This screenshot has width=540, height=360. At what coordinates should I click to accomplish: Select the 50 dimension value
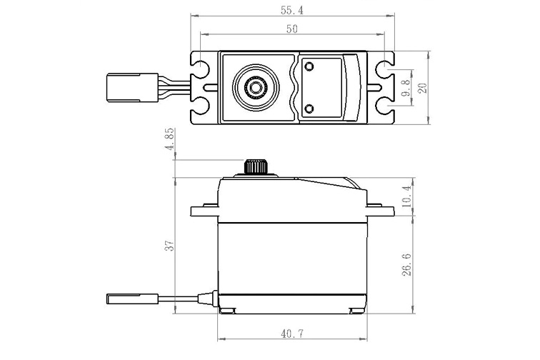click(x=292, y=29)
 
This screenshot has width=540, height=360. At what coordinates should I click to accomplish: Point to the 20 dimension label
click(x=421, y=87)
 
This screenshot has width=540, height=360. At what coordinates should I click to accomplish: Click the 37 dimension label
click(x=169, y=245)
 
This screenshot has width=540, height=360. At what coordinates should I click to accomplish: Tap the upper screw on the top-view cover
click(x=309, y=66)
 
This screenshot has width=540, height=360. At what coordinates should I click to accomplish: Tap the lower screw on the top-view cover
click(x=309, y=108)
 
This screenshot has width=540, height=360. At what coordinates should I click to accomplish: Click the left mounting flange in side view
click(x=204, y=211)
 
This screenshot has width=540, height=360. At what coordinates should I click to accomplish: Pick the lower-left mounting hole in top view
click(x=200, y=106)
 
